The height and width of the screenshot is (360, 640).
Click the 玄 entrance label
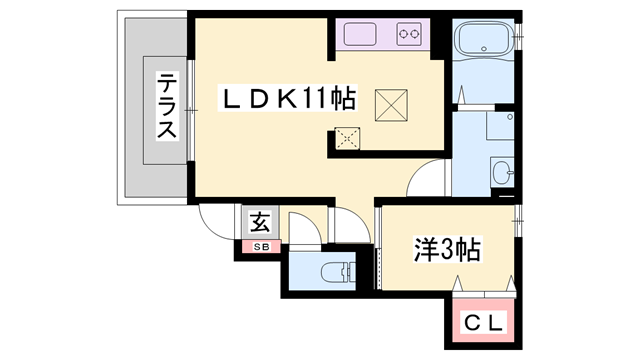[259, 222]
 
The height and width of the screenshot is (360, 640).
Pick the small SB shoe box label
[259, 246]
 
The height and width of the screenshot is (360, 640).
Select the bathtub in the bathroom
[483, 43]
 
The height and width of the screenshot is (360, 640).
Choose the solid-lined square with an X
[390, 102]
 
